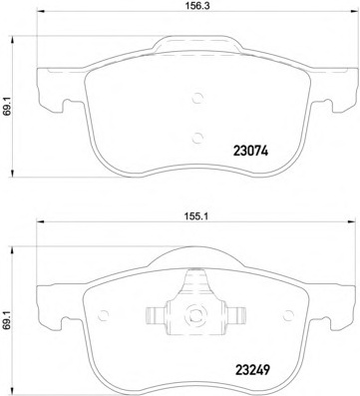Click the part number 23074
(250, 152)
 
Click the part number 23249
(252, 369)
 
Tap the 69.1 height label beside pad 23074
(6, 107)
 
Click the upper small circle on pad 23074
(197, 98)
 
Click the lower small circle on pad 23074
(197, 137)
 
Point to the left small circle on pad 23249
(104, 315)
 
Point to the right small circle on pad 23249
(288, 314)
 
